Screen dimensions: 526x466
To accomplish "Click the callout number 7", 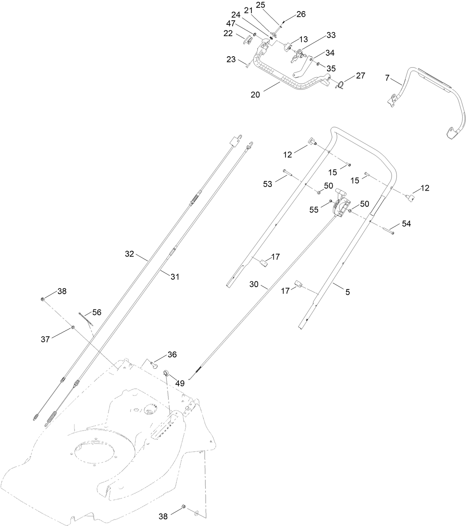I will [x=387, y=78].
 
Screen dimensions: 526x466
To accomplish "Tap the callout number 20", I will [x=255, y=95].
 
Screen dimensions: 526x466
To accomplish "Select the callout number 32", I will [x=129, y=254].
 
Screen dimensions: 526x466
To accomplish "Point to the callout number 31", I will [x=175, y=277].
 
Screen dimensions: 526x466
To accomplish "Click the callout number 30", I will [x=254, y=284].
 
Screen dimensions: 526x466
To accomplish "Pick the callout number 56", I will [x=97, y=312].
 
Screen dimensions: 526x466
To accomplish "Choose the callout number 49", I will [x=180, y=383].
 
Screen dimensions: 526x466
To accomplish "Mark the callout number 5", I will [x=347, y=292].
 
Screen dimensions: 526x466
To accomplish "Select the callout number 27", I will [x=360, y=76].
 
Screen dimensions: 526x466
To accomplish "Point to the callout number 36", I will [x=172, y=355].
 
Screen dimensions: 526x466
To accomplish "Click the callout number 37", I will [x=45, y=339].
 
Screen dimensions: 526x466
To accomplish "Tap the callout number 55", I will [x=314, y=210].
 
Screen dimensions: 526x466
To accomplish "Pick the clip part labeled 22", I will [x=247, y=39].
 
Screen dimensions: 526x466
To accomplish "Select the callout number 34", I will [x=330, y=53].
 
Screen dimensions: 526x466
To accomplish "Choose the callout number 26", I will [x=301, y=14].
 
